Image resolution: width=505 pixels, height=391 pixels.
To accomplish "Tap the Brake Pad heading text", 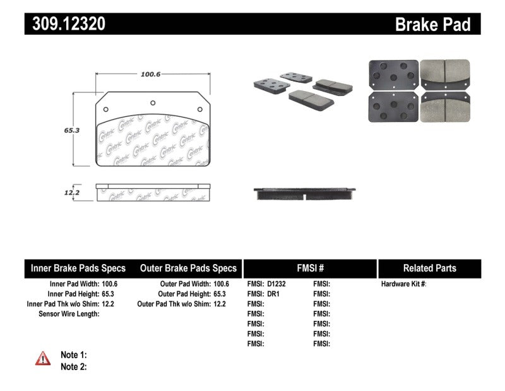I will click(432, 25).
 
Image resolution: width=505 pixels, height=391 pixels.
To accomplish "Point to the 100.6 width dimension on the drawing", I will click(150, 74).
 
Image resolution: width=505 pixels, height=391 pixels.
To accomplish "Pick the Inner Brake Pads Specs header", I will click(78, 268).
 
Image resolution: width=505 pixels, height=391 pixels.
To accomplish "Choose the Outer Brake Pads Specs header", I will click(188, 268).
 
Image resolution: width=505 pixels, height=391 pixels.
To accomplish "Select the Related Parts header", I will click(430, 268).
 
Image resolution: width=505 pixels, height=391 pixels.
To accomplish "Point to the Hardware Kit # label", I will click(404, 284).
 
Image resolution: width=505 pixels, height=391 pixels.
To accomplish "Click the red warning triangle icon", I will click(43, 359).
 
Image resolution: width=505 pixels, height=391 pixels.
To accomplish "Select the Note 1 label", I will click(73, 355).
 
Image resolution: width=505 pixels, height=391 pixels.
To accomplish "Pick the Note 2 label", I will click(73, 367).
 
